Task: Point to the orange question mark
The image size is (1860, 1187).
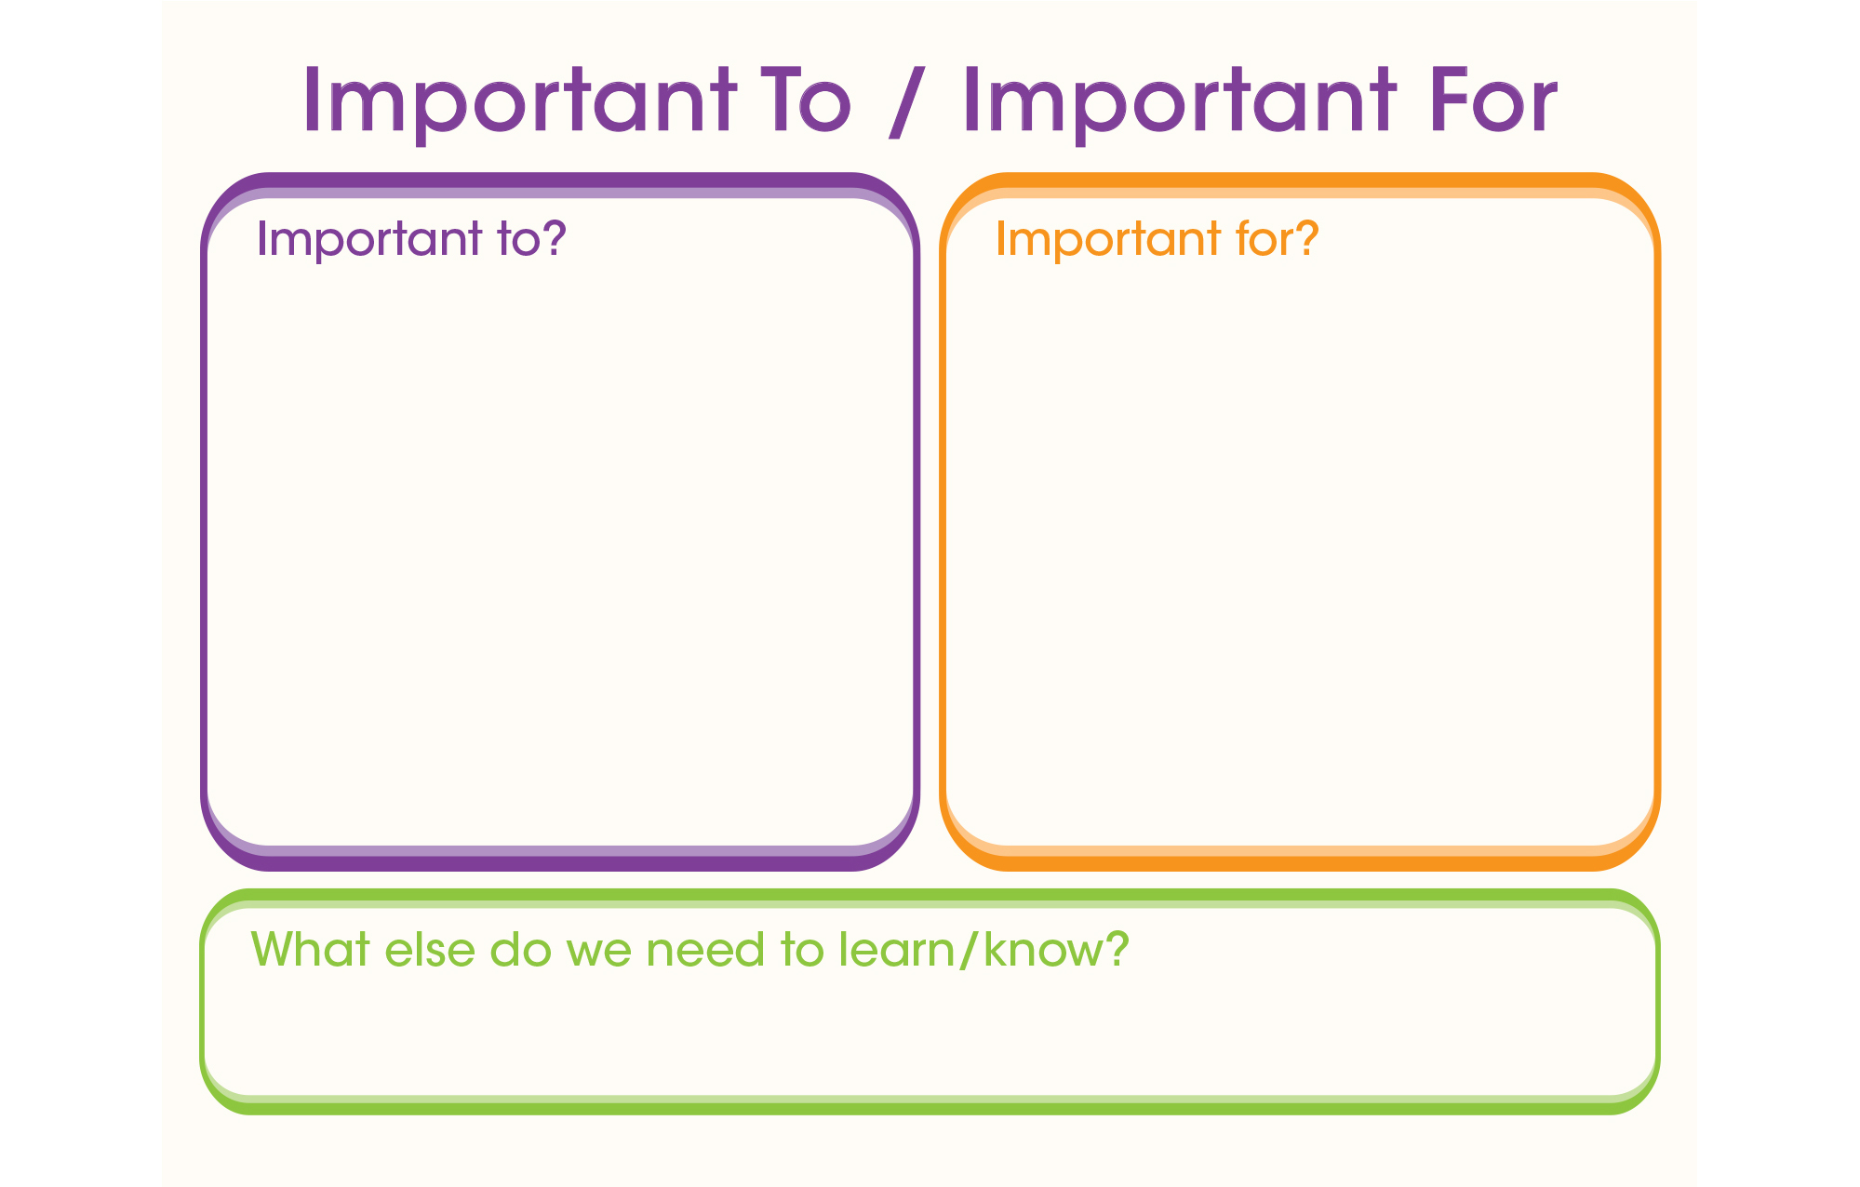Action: (x=1306, y=237)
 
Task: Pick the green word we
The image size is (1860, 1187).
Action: (x=598, y=954)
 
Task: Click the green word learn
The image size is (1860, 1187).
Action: (x=896, y=949)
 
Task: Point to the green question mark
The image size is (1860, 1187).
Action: (x=1117, y=949)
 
